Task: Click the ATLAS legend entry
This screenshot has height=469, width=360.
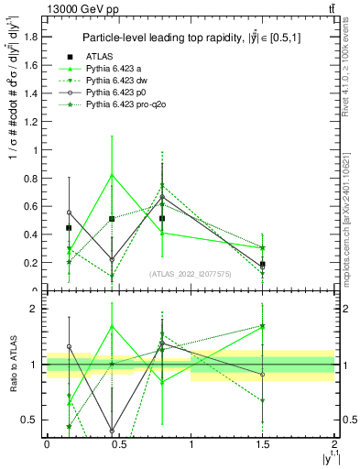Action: (x=97, y=57)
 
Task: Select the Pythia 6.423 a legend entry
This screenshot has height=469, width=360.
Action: (x=115, y=69)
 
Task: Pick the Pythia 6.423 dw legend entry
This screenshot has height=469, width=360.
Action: (x=116, y=82)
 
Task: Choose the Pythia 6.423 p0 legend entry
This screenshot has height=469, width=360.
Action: (x=115, y=93)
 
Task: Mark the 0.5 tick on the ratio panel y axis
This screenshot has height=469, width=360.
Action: (x=31, y=420)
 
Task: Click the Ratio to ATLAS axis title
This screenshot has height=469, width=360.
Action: (x=12, y=365)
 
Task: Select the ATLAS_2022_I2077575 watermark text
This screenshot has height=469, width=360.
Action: (x=191, y=273)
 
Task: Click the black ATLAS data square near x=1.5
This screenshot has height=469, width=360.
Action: (x=263, y=264)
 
